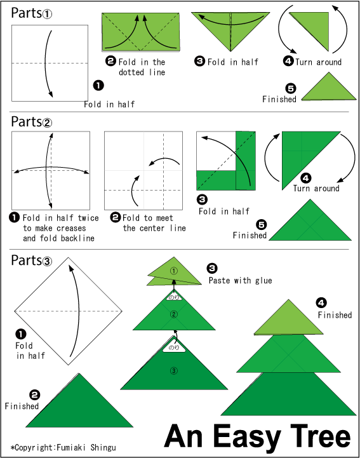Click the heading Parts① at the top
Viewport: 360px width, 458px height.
tap(32, 13)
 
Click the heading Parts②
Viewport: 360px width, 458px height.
tap(32, 122)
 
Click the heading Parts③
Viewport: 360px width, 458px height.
tap(32, 260)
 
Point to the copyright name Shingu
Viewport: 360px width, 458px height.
tap(103, 447)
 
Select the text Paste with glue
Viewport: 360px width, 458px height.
tap(240, 280)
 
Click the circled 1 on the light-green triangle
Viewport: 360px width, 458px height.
tap(174, 271)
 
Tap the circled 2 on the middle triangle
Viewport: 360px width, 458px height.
tap(174, 314)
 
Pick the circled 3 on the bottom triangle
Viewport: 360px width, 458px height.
tap(174, 371)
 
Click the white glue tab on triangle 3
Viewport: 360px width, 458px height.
tap(174, 347)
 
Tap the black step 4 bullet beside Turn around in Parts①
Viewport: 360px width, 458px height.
tap(288, 61)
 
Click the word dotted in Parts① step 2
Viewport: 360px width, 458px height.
tap(131, 72)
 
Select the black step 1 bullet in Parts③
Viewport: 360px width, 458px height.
tap(20, 334)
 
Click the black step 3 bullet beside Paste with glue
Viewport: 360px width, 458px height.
tap(211, 268)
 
